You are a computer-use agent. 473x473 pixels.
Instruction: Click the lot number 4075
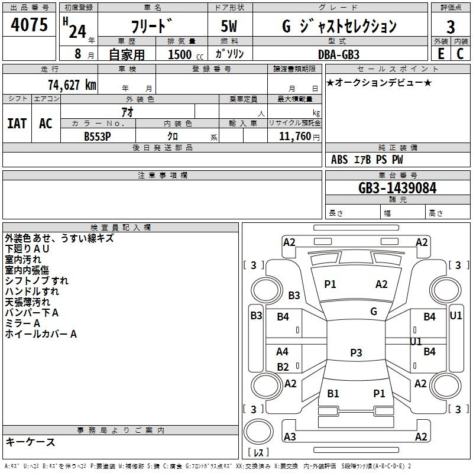(x=29, y=24)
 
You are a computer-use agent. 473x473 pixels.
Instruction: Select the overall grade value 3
(x=451, y=27)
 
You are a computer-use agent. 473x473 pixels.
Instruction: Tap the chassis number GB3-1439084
(x=397, y=188)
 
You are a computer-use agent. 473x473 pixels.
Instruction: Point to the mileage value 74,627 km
(x=72, y=85)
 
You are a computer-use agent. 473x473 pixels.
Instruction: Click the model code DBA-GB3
(x=339, y=54)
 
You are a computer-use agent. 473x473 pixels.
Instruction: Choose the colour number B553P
(x=98, y=137)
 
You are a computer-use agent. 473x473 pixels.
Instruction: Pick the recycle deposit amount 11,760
(x=295, y=136)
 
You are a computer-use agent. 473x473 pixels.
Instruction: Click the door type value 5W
(x=229, y=26)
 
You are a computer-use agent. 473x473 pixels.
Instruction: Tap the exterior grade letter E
(x=441, y=54)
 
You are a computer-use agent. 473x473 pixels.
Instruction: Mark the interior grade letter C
(x=460, y=54)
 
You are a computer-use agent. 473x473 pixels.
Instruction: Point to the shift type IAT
(x=17, y=124)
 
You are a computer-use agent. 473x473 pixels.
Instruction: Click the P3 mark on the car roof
(x=356, y=352)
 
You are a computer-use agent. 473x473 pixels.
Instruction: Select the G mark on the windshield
(x=374, y=311)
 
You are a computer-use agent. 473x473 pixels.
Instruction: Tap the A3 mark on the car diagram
(x=290, y=436)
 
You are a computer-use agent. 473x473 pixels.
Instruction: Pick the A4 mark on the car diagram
(x=282, y=351)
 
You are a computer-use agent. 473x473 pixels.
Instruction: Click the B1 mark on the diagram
(x=333, y=393)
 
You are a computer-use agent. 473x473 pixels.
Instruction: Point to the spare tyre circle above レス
(x=258, y=432)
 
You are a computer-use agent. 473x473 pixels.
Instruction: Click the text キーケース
(x=31, y=442)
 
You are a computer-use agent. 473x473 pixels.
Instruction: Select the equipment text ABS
(x=339, y=160)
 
